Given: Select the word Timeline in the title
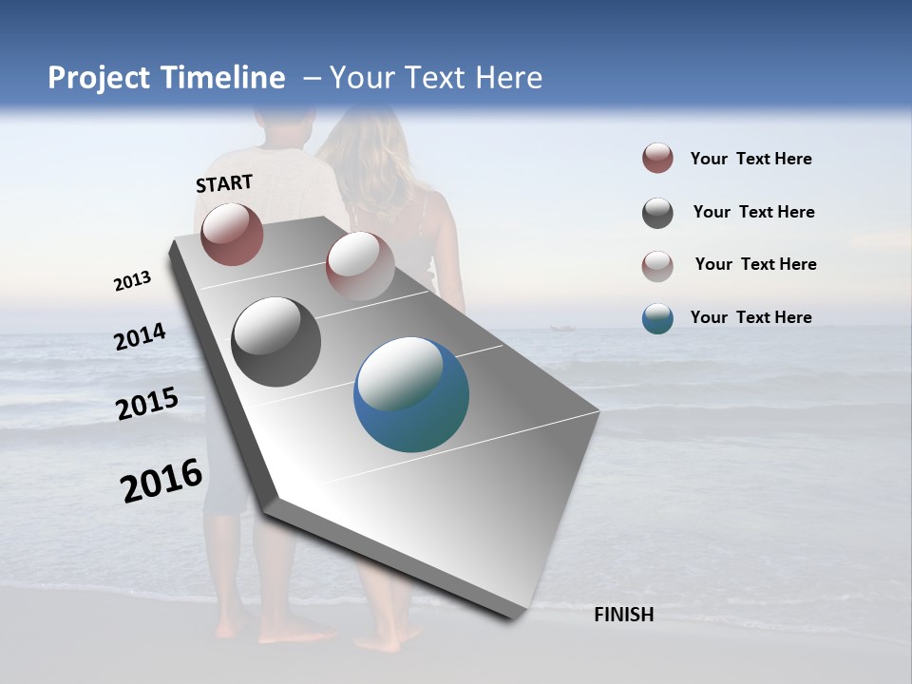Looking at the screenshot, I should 225,78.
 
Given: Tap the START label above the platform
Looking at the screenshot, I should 224,183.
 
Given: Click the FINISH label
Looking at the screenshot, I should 623,615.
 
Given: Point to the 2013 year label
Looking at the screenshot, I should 132,281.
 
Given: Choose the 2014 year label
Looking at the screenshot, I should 140,336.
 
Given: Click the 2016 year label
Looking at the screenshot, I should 161,481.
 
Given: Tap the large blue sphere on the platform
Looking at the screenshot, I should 411,394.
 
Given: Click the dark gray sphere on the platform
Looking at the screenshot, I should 275,342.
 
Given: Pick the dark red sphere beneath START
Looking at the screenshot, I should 232,234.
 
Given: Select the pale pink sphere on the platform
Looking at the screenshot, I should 360,266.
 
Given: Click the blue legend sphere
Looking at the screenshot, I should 657,318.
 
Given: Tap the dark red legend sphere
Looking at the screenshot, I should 657,159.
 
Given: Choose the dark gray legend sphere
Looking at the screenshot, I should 657,213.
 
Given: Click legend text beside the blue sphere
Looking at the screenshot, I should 750,317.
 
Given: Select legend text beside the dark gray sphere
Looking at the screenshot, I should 753,212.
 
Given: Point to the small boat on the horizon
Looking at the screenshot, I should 561,329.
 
